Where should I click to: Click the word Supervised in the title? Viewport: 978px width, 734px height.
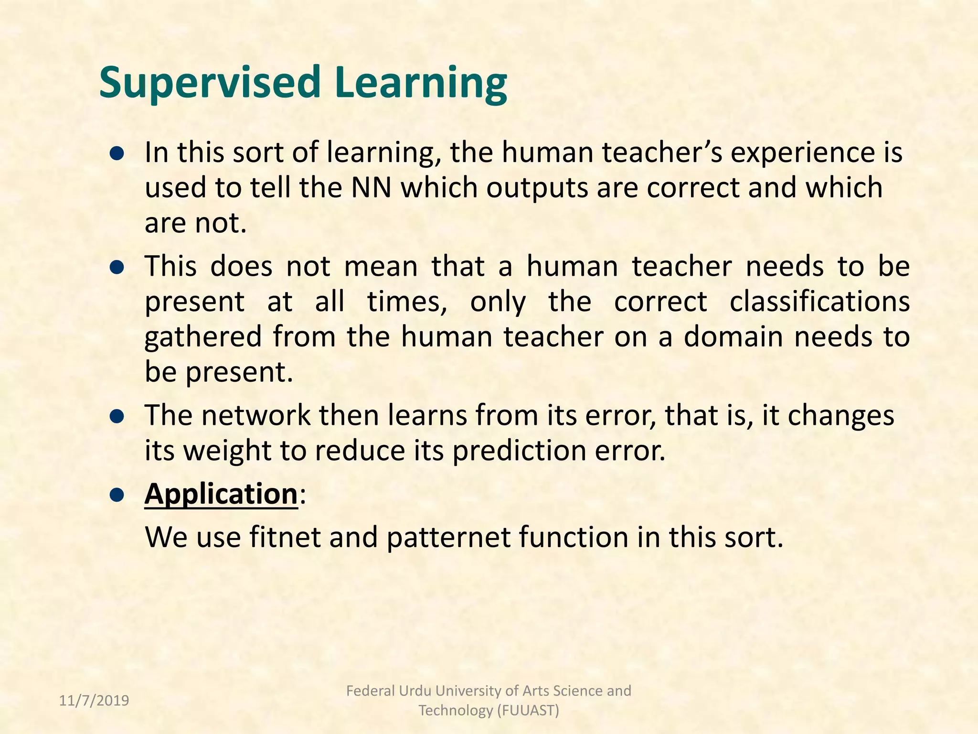coord(209,82)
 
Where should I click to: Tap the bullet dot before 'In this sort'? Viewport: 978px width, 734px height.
coord(117,154)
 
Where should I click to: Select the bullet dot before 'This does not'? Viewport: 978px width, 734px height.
coord(117,268)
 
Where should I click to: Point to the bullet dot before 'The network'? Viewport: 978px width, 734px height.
coord(117,417)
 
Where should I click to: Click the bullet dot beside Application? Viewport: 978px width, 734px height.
coord(117,495)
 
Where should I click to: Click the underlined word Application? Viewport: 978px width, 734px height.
coord(221,494)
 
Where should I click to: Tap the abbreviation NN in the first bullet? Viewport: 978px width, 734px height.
coord(371,188)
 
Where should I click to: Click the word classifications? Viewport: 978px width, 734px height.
coord(819,302)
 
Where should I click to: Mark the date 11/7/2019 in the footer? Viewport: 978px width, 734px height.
coord(94,701)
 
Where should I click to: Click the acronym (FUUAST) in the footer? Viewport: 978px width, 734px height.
coord(528,711)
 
